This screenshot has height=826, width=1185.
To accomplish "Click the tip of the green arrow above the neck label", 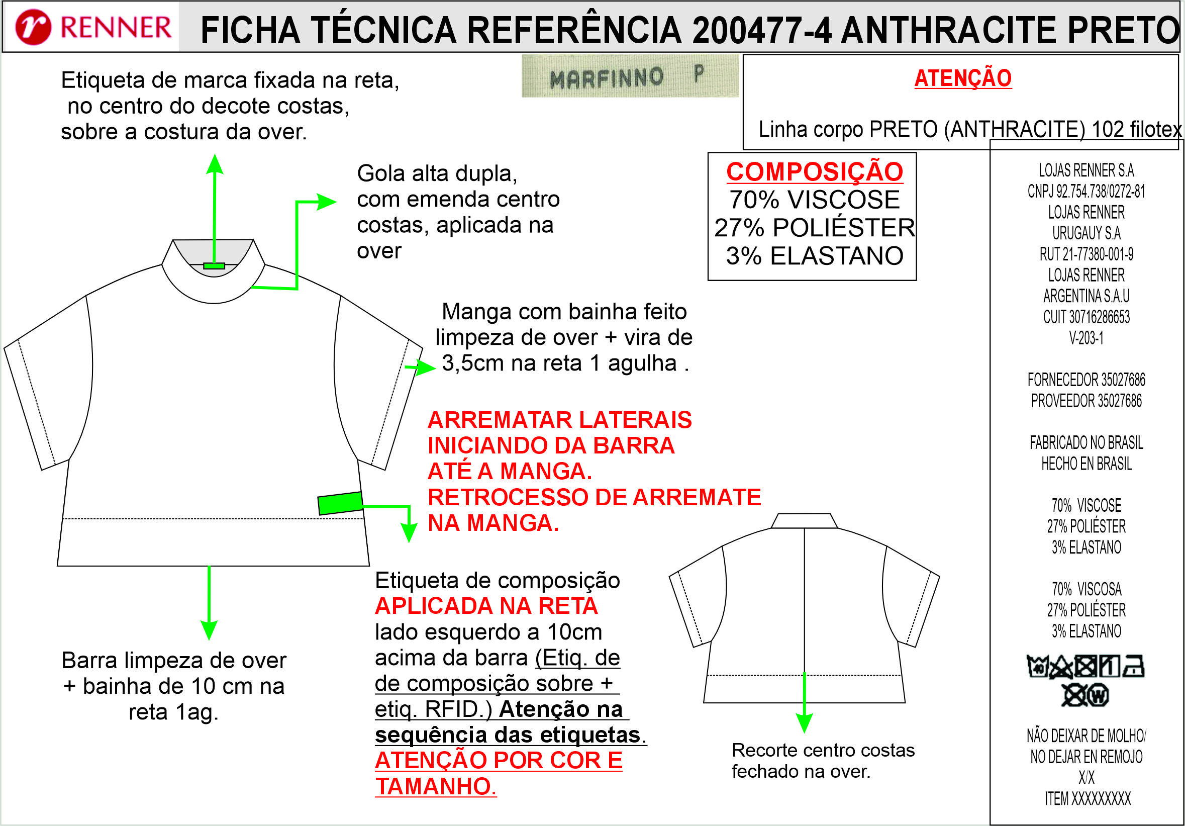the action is tap(215, 154).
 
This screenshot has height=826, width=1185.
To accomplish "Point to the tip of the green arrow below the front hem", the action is tap(209, 640).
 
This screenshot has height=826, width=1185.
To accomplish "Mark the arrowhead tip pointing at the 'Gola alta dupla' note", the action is tap(337, 202).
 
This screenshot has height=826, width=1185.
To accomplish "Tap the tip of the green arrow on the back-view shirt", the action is tap(804, 733).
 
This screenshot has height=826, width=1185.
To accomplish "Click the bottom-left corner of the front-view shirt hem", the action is tap(57, 566).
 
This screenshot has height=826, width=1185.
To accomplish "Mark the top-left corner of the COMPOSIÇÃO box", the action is tap(708, 152).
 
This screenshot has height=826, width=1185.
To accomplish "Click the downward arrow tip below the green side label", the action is tap(409, 542).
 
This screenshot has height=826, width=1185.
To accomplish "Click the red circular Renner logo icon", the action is tap(33, 27).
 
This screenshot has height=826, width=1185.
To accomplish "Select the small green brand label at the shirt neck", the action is tap(214, 266).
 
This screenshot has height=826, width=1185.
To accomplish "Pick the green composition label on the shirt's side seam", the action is tap(340, 503).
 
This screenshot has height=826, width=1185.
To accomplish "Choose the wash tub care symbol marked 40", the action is tap(1037, 666).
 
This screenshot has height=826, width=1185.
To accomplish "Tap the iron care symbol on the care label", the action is tap(1134, 666).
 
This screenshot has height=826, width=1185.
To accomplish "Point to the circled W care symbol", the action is tap(1098, 695).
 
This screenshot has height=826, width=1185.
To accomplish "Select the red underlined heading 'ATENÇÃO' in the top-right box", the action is tap(963, 78).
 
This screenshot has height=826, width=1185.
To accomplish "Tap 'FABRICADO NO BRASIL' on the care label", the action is tap(1087, 442).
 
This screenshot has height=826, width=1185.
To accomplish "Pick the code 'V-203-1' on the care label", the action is tap(1087, 338).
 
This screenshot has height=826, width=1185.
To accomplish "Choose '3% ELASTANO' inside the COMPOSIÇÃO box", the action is tap(815, 255).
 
